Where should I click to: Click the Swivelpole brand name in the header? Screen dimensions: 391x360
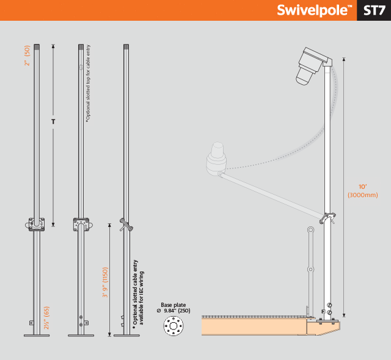coord(314,11)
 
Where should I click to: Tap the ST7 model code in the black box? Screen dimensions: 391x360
coord(374,11)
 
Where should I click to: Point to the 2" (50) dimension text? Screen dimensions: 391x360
coord(27,56)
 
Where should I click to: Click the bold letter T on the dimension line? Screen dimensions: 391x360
coord(53,121)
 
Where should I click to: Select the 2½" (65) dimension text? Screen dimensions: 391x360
coord(46,318)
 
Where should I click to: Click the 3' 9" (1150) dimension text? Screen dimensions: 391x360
coord(105,283)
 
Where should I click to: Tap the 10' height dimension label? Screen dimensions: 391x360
coord(362,187)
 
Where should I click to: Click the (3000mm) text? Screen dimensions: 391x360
coord(362,195)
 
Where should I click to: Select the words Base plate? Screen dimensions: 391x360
coord(174,305)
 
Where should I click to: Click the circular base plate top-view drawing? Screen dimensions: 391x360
coord(174,326)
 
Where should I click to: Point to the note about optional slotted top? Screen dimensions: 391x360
coord(88,84)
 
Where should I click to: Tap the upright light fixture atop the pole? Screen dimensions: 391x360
coord(312,66)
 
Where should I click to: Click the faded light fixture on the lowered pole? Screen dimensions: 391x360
coord(216,159)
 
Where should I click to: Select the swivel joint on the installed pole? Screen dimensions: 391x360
coord(327,218)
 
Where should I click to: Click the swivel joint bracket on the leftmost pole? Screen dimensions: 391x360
coord(36,225)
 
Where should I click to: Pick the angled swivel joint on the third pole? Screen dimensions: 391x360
coord(126,225)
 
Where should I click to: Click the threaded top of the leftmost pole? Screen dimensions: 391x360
coord(37,47)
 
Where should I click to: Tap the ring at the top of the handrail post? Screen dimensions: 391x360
coord(311,229)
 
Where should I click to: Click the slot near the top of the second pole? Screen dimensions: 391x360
coord(81,67)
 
